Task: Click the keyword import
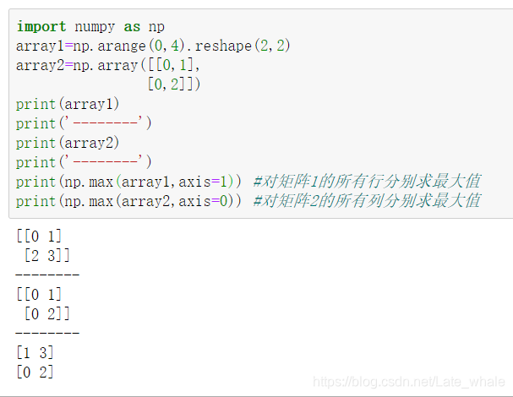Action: pyautogui.click(x=38, y=27)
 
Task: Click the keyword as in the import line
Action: pyautogui.click(x=132, y=27)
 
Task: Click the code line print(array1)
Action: pyautogui.click(x=68, y=104)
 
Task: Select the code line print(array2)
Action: pyautogui.click(x=68, y=143)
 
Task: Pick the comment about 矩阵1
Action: pyautogui.click(x=367, y=181)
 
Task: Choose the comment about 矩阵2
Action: pyautogui.click(x=367, y=200)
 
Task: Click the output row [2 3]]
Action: pyautogui.click(x=46, y=255)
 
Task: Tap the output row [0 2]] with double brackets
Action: pyautogui.click(x=46, y=313)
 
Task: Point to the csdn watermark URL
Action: pyautogui.click(x=408, y=383)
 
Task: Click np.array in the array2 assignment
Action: pyautogui.click(x=101, y=65)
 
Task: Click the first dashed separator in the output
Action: pyautogui.click(x=47, y=275)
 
